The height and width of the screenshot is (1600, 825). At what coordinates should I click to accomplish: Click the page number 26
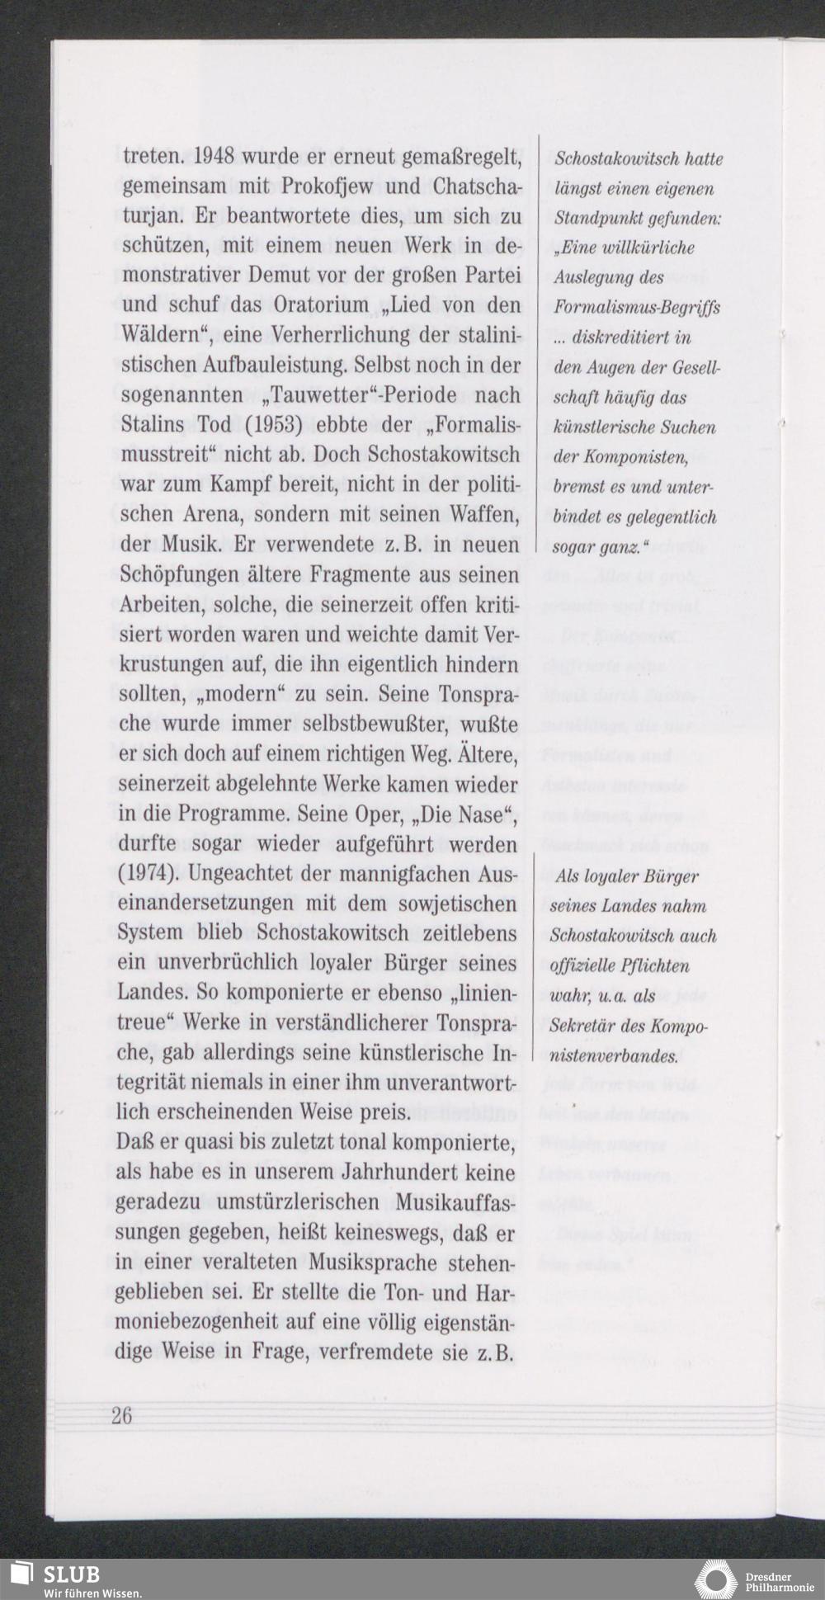pyautogui.click(x=121, y=1415)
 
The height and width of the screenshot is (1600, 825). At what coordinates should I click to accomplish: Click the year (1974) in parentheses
pyautogui.click(x=146, y=874)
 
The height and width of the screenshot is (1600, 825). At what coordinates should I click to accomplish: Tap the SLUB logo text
pyautogui.click(x=71, y=1574)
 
